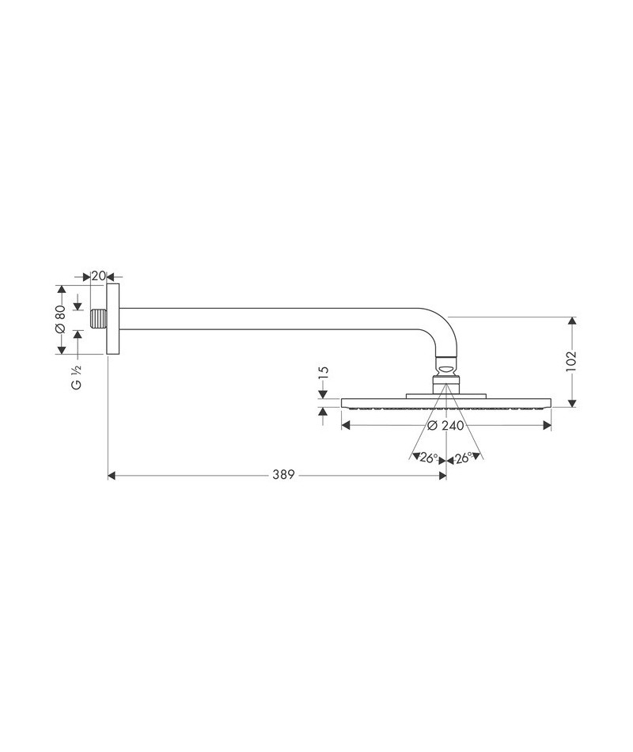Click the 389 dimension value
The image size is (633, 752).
click(283, 475)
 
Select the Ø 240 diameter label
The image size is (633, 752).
click(445, 425)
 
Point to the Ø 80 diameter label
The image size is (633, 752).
click(60, 319)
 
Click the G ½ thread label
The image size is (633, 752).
click(77, 377)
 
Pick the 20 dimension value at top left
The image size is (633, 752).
click(98, 276)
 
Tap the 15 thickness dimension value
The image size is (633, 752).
click(323, 373)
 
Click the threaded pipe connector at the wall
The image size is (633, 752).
click(98, 320)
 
